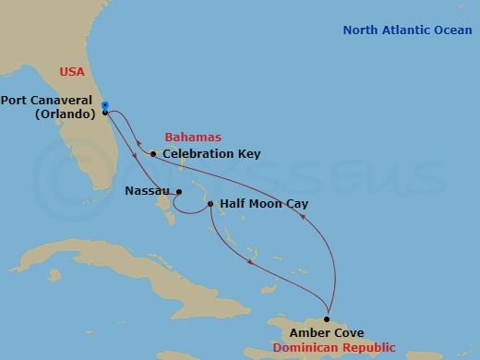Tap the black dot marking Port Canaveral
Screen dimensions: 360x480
105,113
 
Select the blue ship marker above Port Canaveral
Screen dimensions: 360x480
105,105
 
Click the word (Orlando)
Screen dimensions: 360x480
66,114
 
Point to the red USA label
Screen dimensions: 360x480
72,71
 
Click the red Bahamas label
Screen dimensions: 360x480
193,137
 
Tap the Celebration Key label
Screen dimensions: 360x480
211,153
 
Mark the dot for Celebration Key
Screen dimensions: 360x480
153,153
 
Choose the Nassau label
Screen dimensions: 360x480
145,193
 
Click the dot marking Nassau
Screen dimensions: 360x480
179,193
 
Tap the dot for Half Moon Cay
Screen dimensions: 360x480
210,204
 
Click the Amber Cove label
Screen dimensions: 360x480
326,333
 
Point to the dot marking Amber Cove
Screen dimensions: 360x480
327,319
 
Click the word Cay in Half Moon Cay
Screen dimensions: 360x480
295,204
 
